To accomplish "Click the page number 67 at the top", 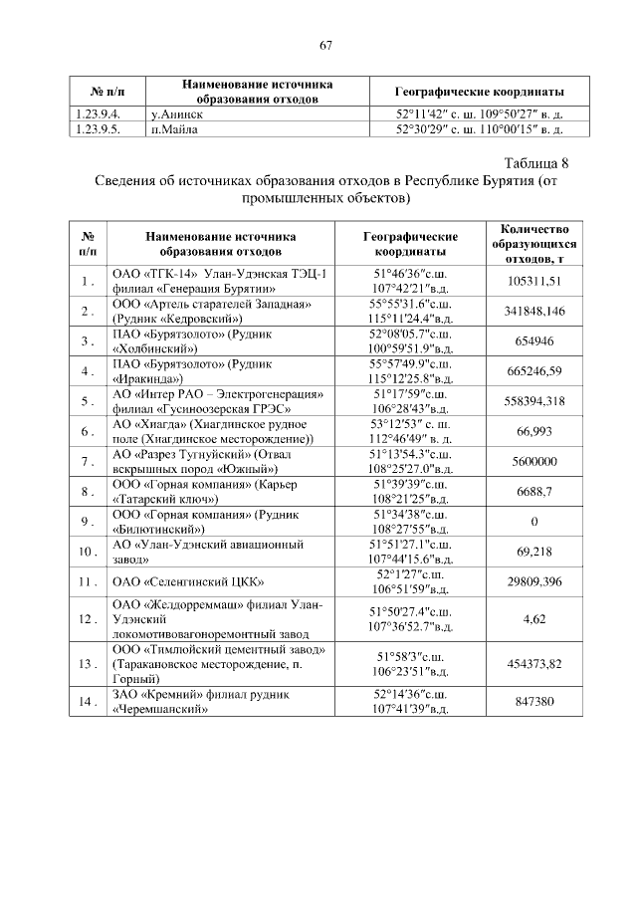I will pyautogui.click(x=324, y=45).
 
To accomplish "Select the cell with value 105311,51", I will pyautogui.click(x=535, y=282).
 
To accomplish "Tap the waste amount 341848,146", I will pyautogui.click(x=535, y=312).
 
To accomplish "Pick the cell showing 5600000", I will pyautogui.click(x=535, y=461).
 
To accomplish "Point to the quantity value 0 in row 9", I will pyautogui.click(x=535, y=521).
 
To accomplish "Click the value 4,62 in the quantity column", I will pyautogui.click(x=535, y=618).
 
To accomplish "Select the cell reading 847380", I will pyautogui.click(x=535, y=702).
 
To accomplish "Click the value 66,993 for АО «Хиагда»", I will pyautogui.click(x=535, y=431).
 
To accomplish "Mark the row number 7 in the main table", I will pyautogui.click(x=88, y=461).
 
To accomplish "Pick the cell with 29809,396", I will pyautogui.click(x=535, y=580).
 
